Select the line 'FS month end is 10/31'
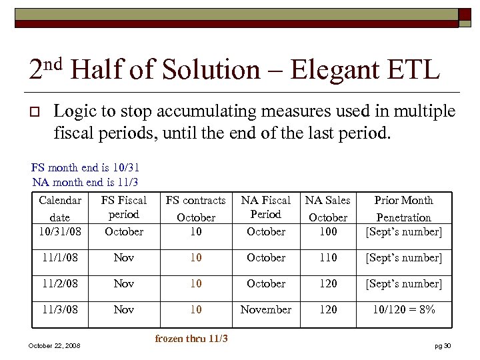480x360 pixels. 85,167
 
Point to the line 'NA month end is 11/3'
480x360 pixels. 85,181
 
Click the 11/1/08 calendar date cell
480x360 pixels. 60,258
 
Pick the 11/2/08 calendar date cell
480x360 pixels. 60,284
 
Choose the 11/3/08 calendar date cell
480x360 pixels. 60,310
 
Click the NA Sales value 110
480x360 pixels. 328,258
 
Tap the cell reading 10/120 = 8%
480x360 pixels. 404,310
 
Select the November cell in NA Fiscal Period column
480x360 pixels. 266,310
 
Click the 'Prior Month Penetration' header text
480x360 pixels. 404,209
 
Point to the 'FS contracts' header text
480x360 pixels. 196,200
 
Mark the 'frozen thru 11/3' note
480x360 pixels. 191,339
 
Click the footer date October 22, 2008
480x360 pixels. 55,345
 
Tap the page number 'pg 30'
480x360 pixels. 443,345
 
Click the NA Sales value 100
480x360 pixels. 328,232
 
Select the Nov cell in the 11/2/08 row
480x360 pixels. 124,284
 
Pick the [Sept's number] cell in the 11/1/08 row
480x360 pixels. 404,258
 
